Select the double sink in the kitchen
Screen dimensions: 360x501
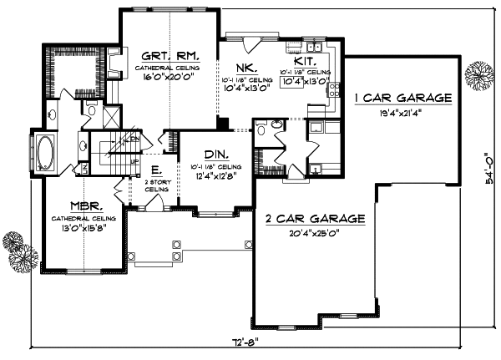[295, 43]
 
